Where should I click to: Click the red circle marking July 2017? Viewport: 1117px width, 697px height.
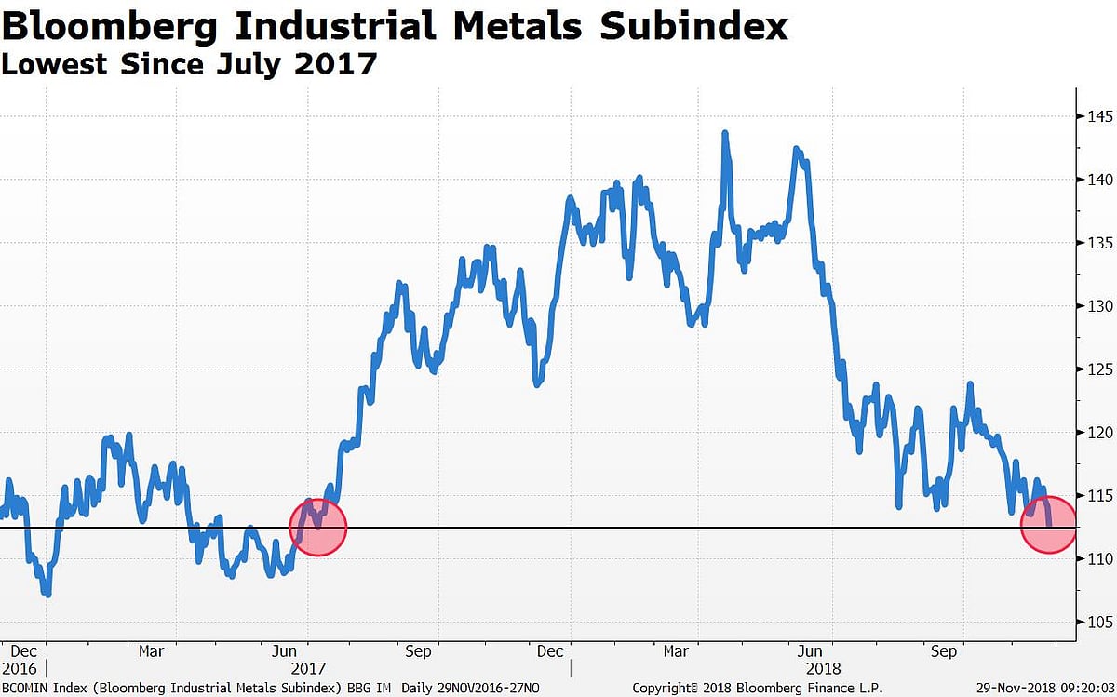[318, 528]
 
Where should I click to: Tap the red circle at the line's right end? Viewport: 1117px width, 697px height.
[1049, 526]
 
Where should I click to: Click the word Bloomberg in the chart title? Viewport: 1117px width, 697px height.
[111, 26]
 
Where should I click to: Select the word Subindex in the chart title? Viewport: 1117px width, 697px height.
[693, 26]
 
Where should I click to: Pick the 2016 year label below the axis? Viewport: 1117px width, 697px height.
[20, 668]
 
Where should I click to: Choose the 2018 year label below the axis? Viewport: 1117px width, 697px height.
[821, 668]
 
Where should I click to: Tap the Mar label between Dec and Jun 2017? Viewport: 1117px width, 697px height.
[151, 651]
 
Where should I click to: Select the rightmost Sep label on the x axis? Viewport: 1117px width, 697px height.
[944, 651]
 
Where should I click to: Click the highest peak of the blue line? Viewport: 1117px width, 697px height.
[724, 133]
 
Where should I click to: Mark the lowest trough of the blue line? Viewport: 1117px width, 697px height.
[47, 594]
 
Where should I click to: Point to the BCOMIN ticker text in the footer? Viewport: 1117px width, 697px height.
[25, 688]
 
